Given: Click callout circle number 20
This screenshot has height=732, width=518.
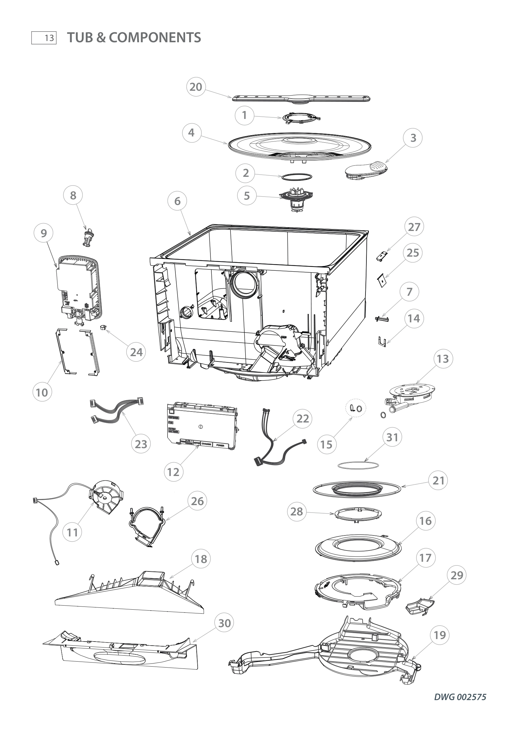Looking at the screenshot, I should pos(195,87).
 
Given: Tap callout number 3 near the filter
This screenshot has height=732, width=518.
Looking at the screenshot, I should pos(413,138).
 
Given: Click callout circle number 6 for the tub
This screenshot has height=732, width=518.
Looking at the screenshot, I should pos(177,201).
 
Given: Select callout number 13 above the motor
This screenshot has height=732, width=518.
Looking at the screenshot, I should pos(443,359).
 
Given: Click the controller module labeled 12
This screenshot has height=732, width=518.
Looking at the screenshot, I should pos(202,426).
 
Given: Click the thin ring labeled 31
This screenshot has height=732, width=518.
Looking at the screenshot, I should pos(358,465).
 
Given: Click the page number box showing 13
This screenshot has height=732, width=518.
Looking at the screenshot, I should pos(44,38).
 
